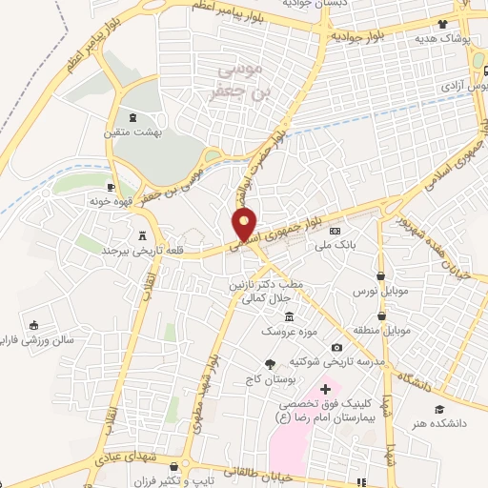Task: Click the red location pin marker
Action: (x=245, y=223)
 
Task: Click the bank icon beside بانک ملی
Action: (x=335, y=231)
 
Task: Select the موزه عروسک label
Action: (x=289, y=331)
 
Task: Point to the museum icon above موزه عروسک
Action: (x=289, y=316)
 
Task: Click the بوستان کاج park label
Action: (x=270, y=378)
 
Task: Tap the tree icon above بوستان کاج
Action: (x=270, y=363)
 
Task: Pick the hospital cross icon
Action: (x=324, y=389)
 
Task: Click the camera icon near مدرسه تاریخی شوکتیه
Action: (x=336, y=348)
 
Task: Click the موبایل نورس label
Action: (x=380, y=289)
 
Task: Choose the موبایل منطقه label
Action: (x=383, y=330)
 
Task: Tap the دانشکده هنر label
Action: (x=438, y=423)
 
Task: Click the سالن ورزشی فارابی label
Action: (x=35, y=339)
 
